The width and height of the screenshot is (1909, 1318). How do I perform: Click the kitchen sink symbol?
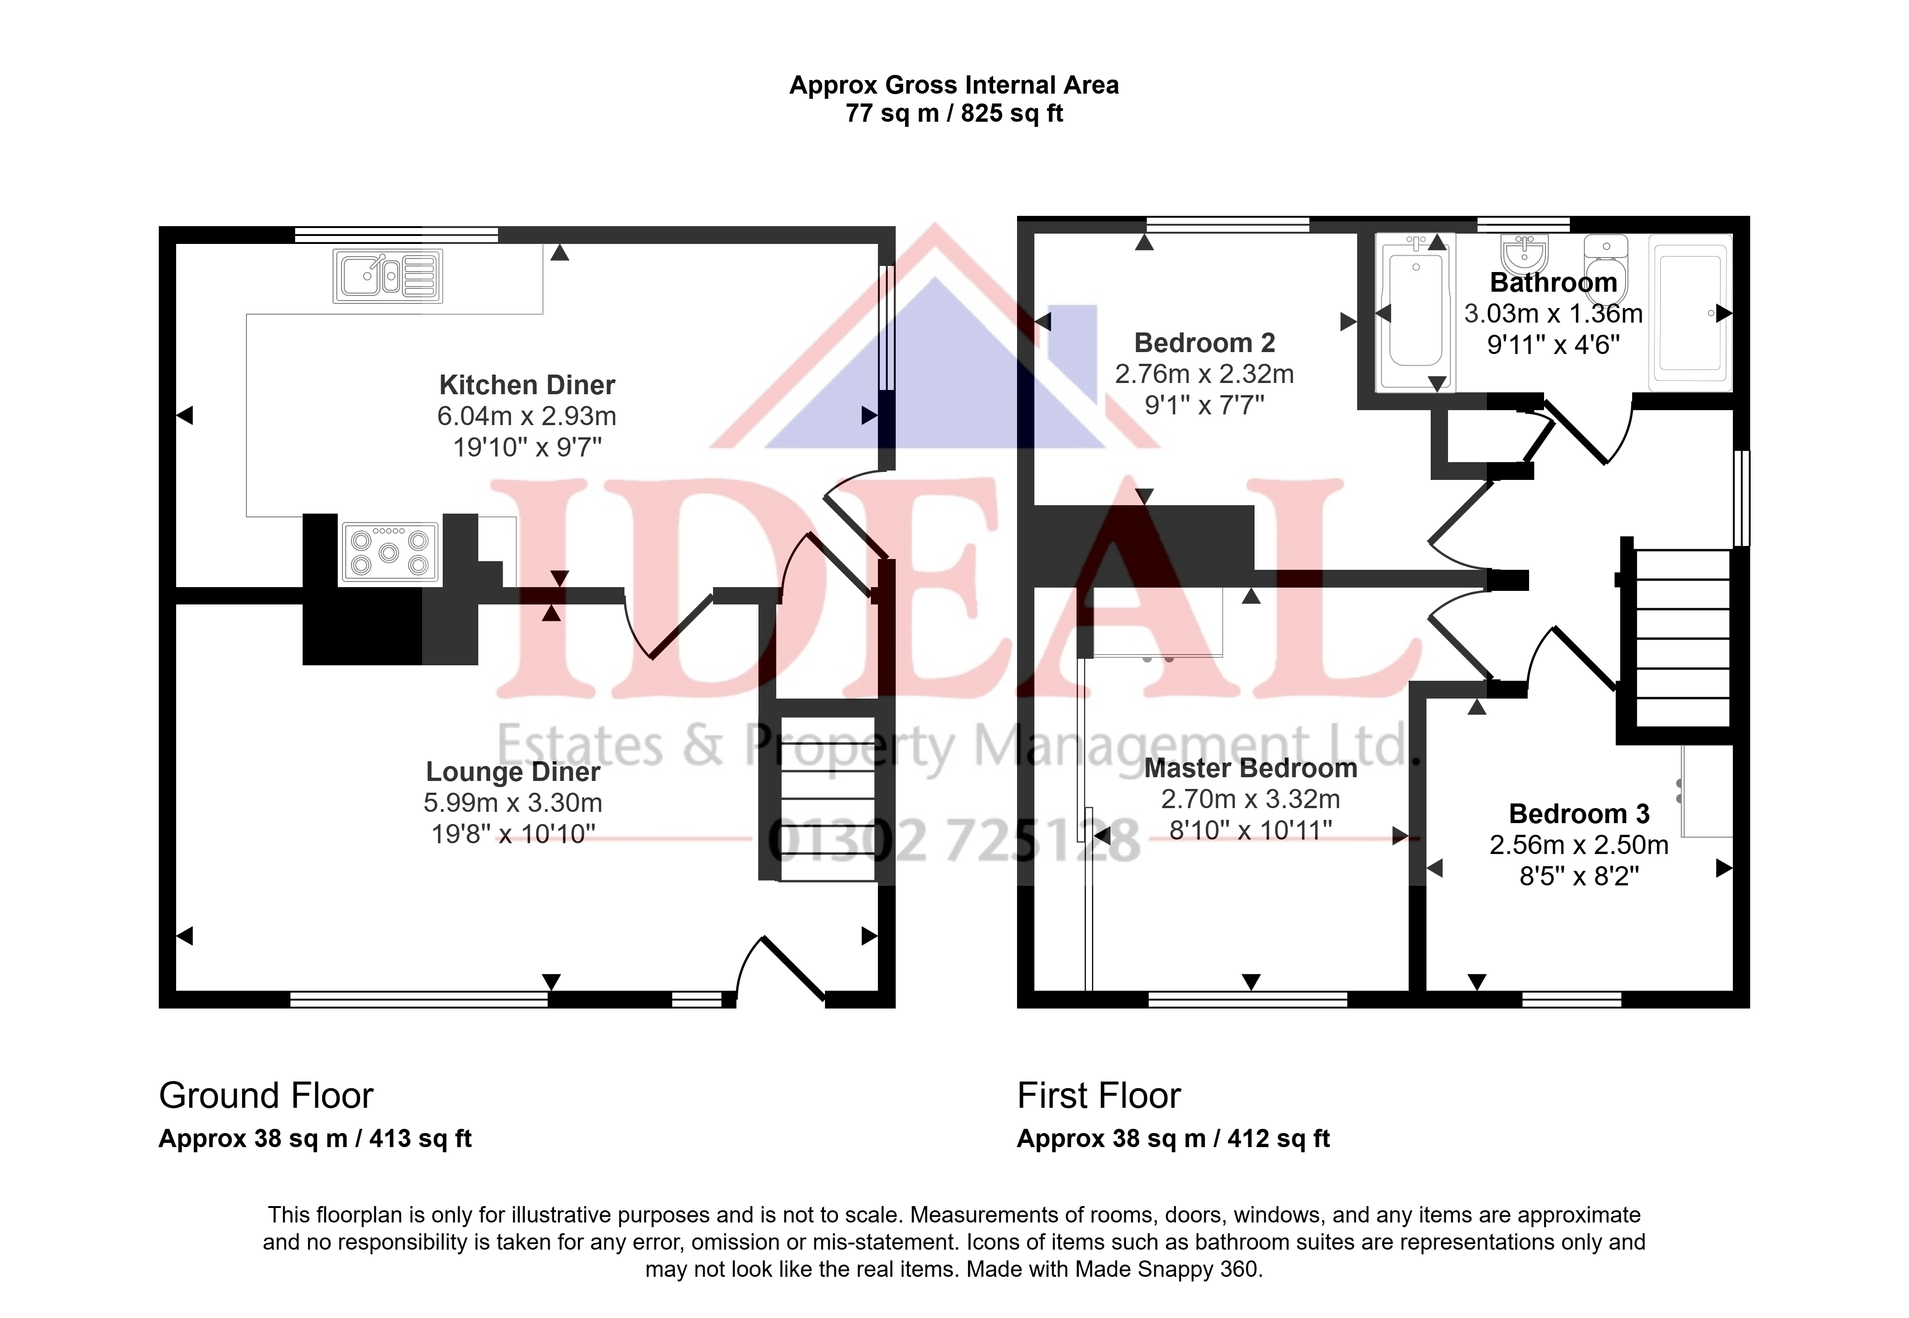pos(387,276)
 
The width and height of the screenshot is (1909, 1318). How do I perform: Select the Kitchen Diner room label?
pos(527,385)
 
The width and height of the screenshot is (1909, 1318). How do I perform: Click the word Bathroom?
pos(1553,282)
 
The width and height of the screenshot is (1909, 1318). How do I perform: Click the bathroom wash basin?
pos(1524,253)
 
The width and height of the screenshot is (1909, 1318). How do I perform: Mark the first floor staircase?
pos(1683,638)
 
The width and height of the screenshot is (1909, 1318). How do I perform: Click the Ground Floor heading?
pos(266,1096)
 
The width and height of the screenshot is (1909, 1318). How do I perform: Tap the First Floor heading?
pos(1099,1096)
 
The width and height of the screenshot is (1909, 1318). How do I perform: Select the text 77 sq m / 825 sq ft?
pos(954,113)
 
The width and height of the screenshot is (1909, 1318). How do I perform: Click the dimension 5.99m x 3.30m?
pos(513,803)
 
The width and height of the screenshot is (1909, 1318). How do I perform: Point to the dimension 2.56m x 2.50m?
pos(1579,845)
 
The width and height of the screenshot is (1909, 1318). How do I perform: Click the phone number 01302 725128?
pos(954,841)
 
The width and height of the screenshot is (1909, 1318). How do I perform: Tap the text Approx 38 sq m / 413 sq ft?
pos(315,1139)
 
